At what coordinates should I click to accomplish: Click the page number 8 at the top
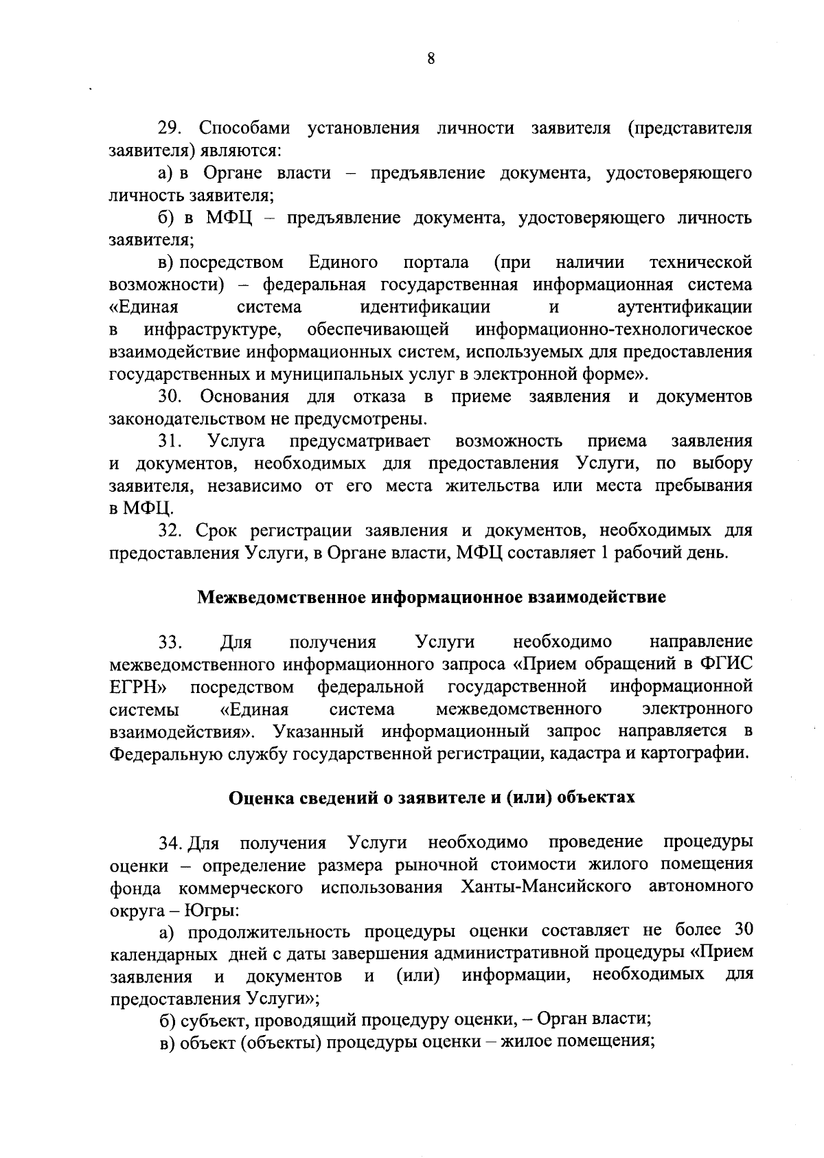point(431,59)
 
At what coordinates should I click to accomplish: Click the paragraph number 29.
point(169,128)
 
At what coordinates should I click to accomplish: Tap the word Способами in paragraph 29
point(244,128)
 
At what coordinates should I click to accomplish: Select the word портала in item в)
point(436,262)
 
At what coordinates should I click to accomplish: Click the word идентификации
point(425,307)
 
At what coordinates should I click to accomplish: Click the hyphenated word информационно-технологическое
point(614,330)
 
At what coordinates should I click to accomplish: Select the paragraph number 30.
point(169,397)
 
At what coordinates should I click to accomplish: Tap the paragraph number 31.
point(169,441)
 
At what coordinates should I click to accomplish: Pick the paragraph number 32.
point(170,531)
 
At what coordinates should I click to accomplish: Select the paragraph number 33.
point(170,643)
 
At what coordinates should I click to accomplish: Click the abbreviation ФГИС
point(727,665)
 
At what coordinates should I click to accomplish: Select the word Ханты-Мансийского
point(547,887)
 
